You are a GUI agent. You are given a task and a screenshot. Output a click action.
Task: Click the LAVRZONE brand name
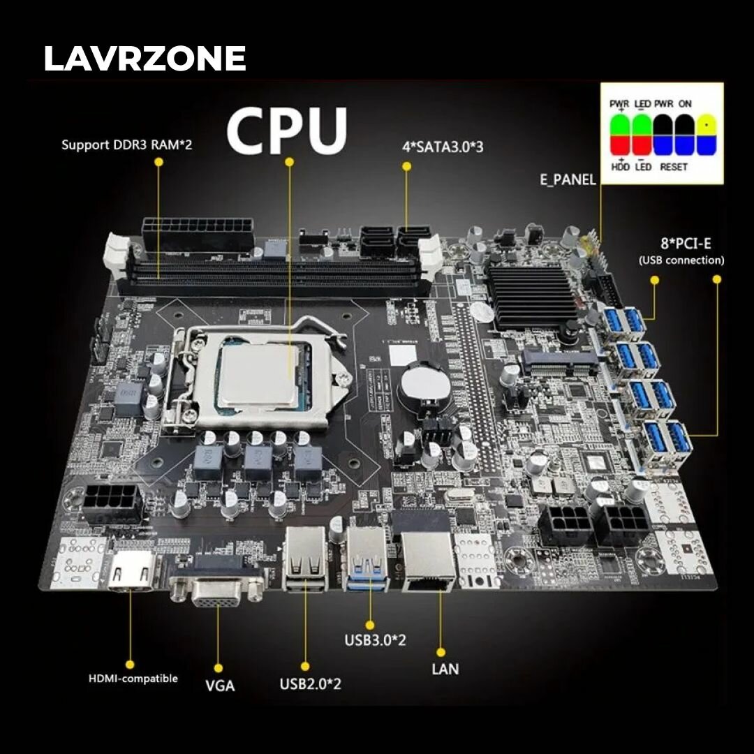pyautogui.click(x=145, y=59)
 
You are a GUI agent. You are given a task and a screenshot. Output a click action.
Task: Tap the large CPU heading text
pyautogui.click(x=286, y=131)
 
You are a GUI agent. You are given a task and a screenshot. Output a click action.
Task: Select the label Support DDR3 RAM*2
pyautogui.click(x=126, y=145)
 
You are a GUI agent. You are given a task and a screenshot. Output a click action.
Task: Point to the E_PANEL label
pyautogui.click(x=568, y=179)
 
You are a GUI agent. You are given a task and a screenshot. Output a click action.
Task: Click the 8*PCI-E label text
pyautogui.click(x=681, y=244)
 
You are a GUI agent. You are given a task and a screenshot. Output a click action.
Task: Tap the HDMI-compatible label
pyautogui.click(x=133, y=678)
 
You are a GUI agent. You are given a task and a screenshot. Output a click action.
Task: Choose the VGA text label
pyautogui.click(x=220, y=685)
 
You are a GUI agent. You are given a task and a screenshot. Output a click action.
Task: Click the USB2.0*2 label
pyautogui.click(x=310, y=683)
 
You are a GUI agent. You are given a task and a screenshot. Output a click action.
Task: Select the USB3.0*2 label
pyautogui.click(x=375, y=640)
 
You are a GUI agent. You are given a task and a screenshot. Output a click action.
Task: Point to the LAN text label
pyautogui.click(x=445, y=669)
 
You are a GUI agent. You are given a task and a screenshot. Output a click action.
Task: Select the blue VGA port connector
pyautogui.click(x=217, y=590)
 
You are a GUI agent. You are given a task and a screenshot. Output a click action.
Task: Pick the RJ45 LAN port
pyautogui.click(x=428, y=559)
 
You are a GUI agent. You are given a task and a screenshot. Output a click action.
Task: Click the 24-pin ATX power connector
pyautogui.click(x=198, y=232)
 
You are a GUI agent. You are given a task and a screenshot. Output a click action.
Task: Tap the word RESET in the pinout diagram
pyautogui.click(x=673, y=167)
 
